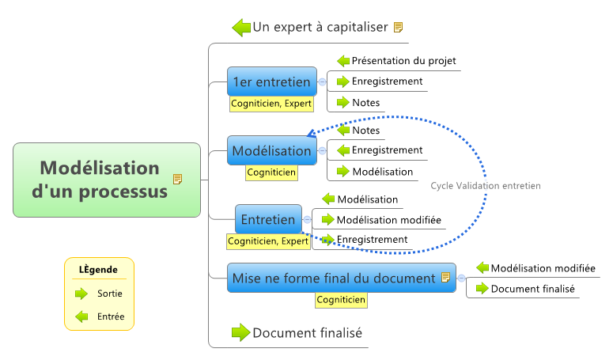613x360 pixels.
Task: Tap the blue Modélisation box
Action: tap(271, 150)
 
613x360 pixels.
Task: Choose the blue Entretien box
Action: tap(268, 219)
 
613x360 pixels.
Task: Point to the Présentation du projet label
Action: tap(403, 60)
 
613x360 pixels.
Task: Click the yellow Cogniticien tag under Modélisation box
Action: tap(271, 172)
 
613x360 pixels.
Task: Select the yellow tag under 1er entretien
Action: tap(271, 103)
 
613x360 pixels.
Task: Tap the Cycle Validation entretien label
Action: tap(486, 186)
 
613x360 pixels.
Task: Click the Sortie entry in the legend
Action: tap(109, 294)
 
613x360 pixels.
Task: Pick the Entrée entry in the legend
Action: tap(110, 317)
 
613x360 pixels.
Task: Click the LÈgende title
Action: tap(99, 270)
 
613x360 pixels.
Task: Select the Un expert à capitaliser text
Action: tap(320, 27)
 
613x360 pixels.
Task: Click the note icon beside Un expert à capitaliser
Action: tap(398, 27)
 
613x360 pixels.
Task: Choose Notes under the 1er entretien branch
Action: tap(365, 102)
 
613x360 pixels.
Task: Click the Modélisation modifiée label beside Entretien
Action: tap(388, 219)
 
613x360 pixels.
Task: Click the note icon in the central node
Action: tap(177, 180)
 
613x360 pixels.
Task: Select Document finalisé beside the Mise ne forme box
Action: tap(532, 289)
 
